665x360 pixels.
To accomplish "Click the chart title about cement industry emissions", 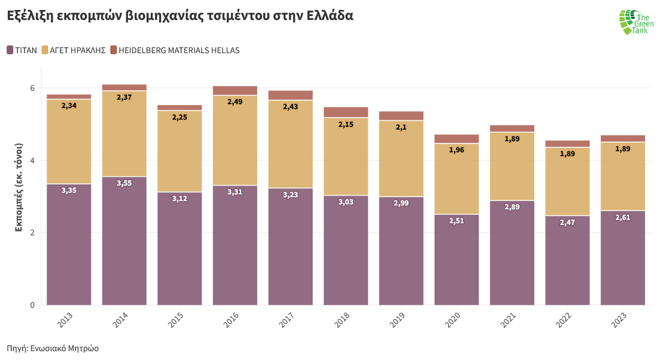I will (180, 16).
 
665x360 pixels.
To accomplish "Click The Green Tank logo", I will (636, 22).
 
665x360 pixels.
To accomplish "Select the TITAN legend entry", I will (22, 50).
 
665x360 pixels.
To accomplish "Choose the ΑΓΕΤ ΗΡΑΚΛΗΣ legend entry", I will (74, 50).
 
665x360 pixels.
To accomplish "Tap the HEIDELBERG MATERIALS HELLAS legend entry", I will (175, 50).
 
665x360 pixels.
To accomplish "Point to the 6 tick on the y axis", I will (32, 88).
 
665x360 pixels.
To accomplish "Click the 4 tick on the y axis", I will (32, 161).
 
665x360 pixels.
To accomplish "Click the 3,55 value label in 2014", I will (124, 183).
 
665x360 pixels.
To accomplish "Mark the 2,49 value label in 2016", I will (235, 101).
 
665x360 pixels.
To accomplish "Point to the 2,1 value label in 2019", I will (401, 127).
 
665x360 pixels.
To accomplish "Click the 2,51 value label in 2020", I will (457, 220).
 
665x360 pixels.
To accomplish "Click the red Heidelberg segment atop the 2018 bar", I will (346, 112).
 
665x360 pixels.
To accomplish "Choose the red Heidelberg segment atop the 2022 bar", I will (567, 143).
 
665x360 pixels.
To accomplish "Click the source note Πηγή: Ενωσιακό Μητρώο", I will (53, 348).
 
